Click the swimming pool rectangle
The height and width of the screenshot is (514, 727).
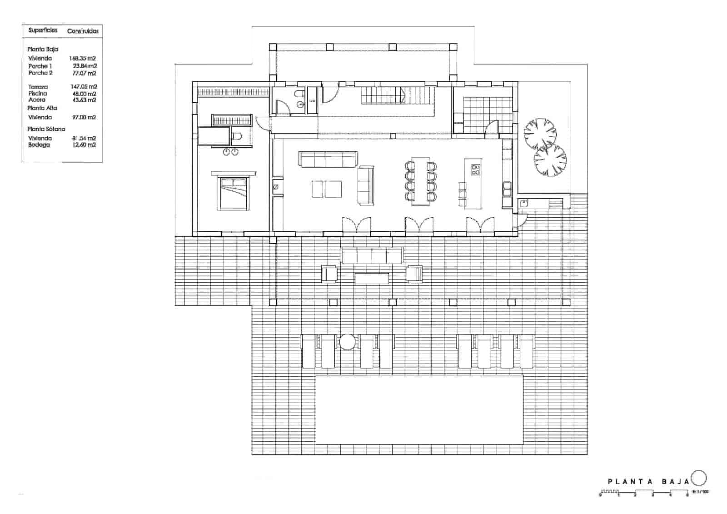coord(419,409)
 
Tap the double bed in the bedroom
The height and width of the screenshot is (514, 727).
coord(234,193)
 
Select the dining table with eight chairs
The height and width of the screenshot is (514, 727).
coord(420,181)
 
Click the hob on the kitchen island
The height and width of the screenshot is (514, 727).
coord(476,170)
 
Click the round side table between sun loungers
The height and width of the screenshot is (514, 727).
coord(347,342)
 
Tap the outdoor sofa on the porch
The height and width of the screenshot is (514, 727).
coord(372,256)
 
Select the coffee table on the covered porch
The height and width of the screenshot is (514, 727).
coord(372,278)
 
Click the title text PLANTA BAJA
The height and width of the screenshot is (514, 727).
coord(648,481)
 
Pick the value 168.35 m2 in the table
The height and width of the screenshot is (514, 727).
coord(83,58)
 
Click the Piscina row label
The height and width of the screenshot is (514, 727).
coord(37,93)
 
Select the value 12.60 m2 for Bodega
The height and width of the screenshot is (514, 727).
coord(84,145)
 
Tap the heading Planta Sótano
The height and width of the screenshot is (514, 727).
coord(46,129)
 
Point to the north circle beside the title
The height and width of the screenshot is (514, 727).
coord(699,478)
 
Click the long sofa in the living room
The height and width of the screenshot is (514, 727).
coord(328,159)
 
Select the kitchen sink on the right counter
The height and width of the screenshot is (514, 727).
coord(507,187)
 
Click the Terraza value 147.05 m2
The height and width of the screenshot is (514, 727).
coord(84,86)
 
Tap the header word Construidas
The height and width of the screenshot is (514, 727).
coord(83,31)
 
